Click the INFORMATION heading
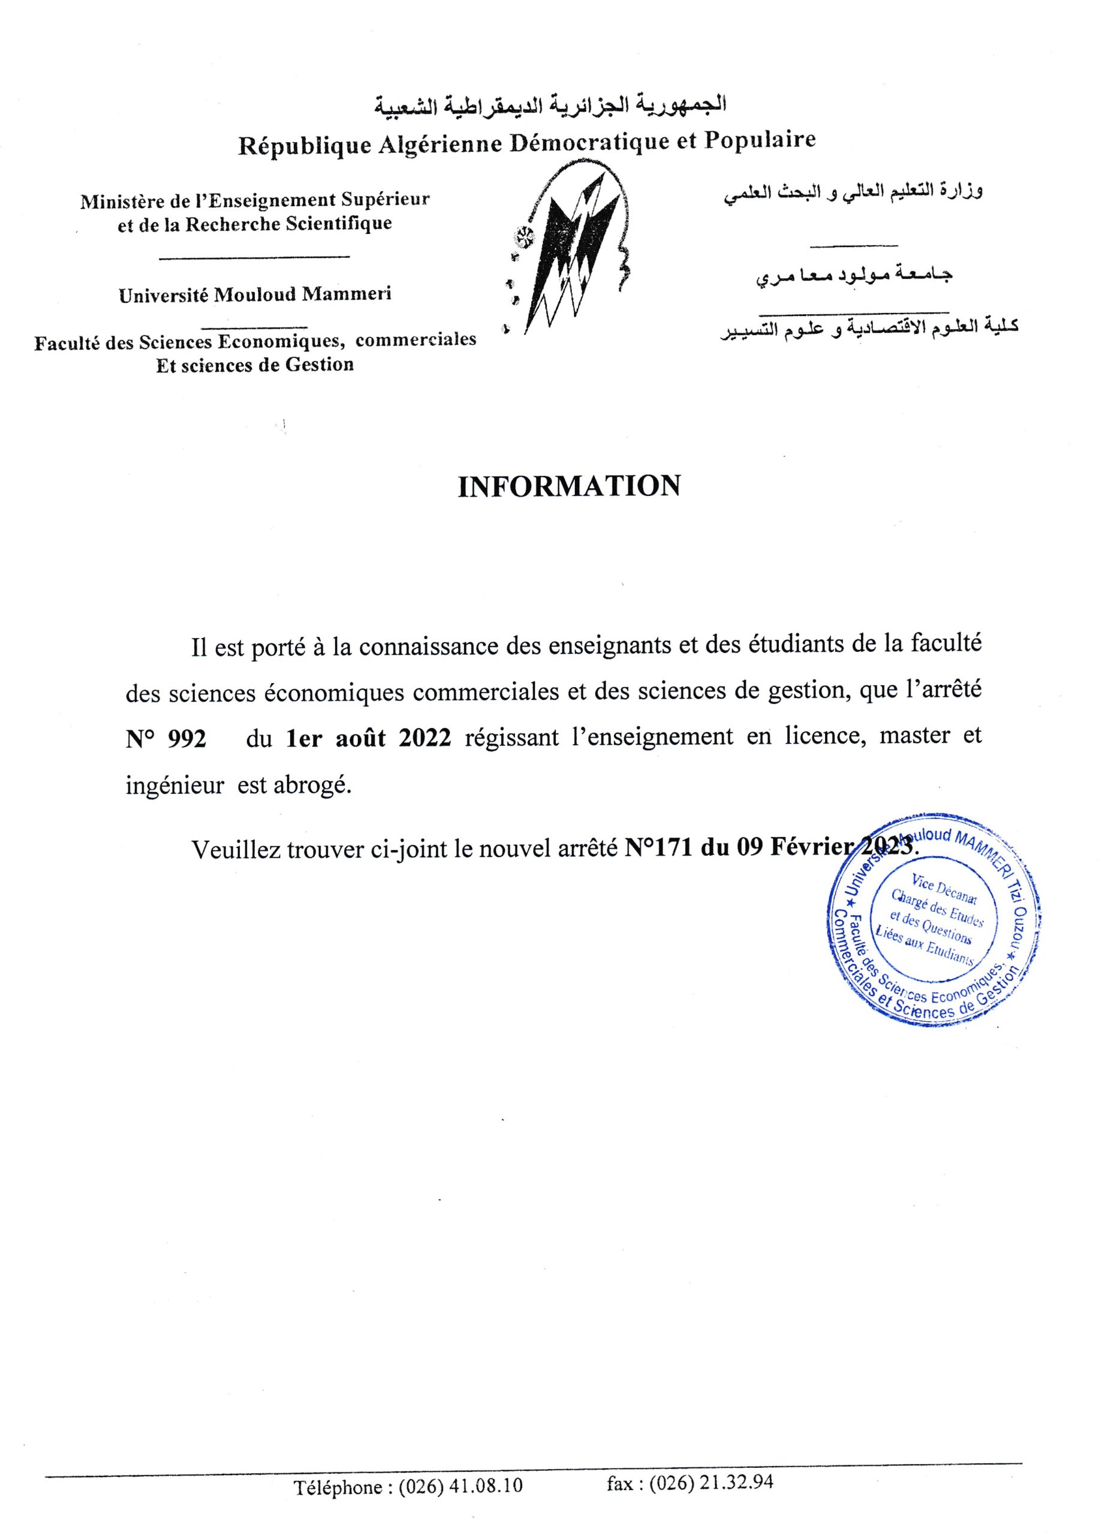[568, 487]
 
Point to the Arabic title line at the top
[550, 106]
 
